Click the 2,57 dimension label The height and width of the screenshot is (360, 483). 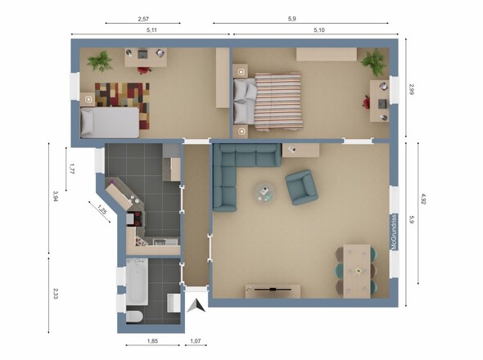[x=143, y=19]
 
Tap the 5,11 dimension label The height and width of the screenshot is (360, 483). [x=151, y=30]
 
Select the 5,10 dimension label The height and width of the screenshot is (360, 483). [x=319, y=30]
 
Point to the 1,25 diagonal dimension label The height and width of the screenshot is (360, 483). [x=102, y=209]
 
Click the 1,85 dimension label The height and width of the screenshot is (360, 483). [x=152, y=341]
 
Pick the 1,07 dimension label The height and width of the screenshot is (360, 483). [x=196, y=341]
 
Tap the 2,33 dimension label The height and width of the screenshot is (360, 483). [x=56, y=294]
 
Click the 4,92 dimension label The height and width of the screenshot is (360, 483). [x=423, y=199]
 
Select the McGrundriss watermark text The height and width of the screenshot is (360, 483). [x=394, y=232]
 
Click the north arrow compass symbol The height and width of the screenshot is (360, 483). [x=196, y=306]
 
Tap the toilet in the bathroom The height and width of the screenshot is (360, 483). [x=134, y=317]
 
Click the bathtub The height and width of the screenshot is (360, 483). [x=137, y=281]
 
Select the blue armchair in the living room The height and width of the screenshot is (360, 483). [x=301, y=187]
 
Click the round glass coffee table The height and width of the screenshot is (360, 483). [x=264, y=192]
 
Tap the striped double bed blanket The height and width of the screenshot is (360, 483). [x=278, y=101]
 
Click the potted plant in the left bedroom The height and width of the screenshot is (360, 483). [x=100, y=61]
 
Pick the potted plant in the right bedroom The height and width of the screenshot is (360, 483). [x=373, y=62]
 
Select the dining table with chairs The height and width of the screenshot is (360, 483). [x=357, y=272]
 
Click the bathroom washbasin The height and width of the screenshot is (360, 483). [x=174, y=303]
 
